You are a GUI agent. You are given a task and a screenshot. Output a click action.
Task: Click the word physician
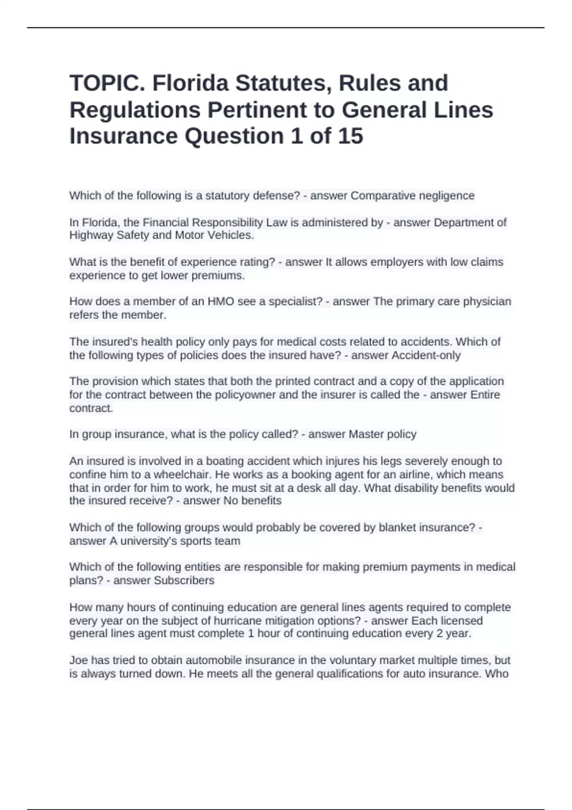coord(487,302)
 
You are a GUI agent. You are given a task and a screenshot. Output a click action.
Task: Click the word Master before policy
coord(366,435)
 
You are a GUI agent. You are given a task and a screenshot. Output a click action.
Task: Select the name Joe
coord(79,660)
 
